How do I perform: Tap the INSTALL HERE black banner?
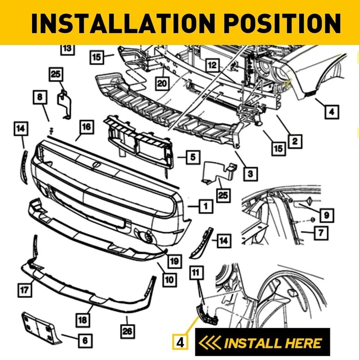[262, 343]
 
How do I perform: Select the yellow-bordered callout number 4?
[180, 342]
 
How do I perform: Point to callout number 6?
[84, 340]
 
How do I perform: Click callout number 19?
[174, 260]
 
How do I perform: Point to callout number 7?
[320, 234]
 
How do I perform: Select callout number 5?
[192, 157]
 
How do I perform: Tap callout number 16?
[85, 127]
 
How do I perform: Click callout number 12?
[213, 66]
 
